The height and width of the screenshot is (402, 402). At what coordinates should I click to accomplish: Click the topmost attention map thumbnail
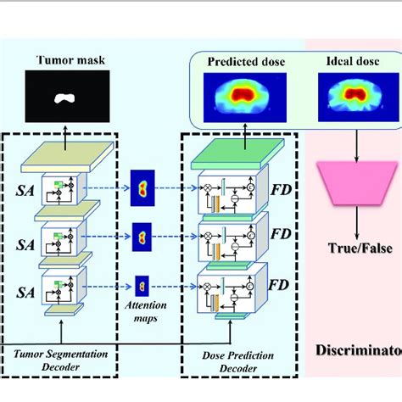click(142, 186)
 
